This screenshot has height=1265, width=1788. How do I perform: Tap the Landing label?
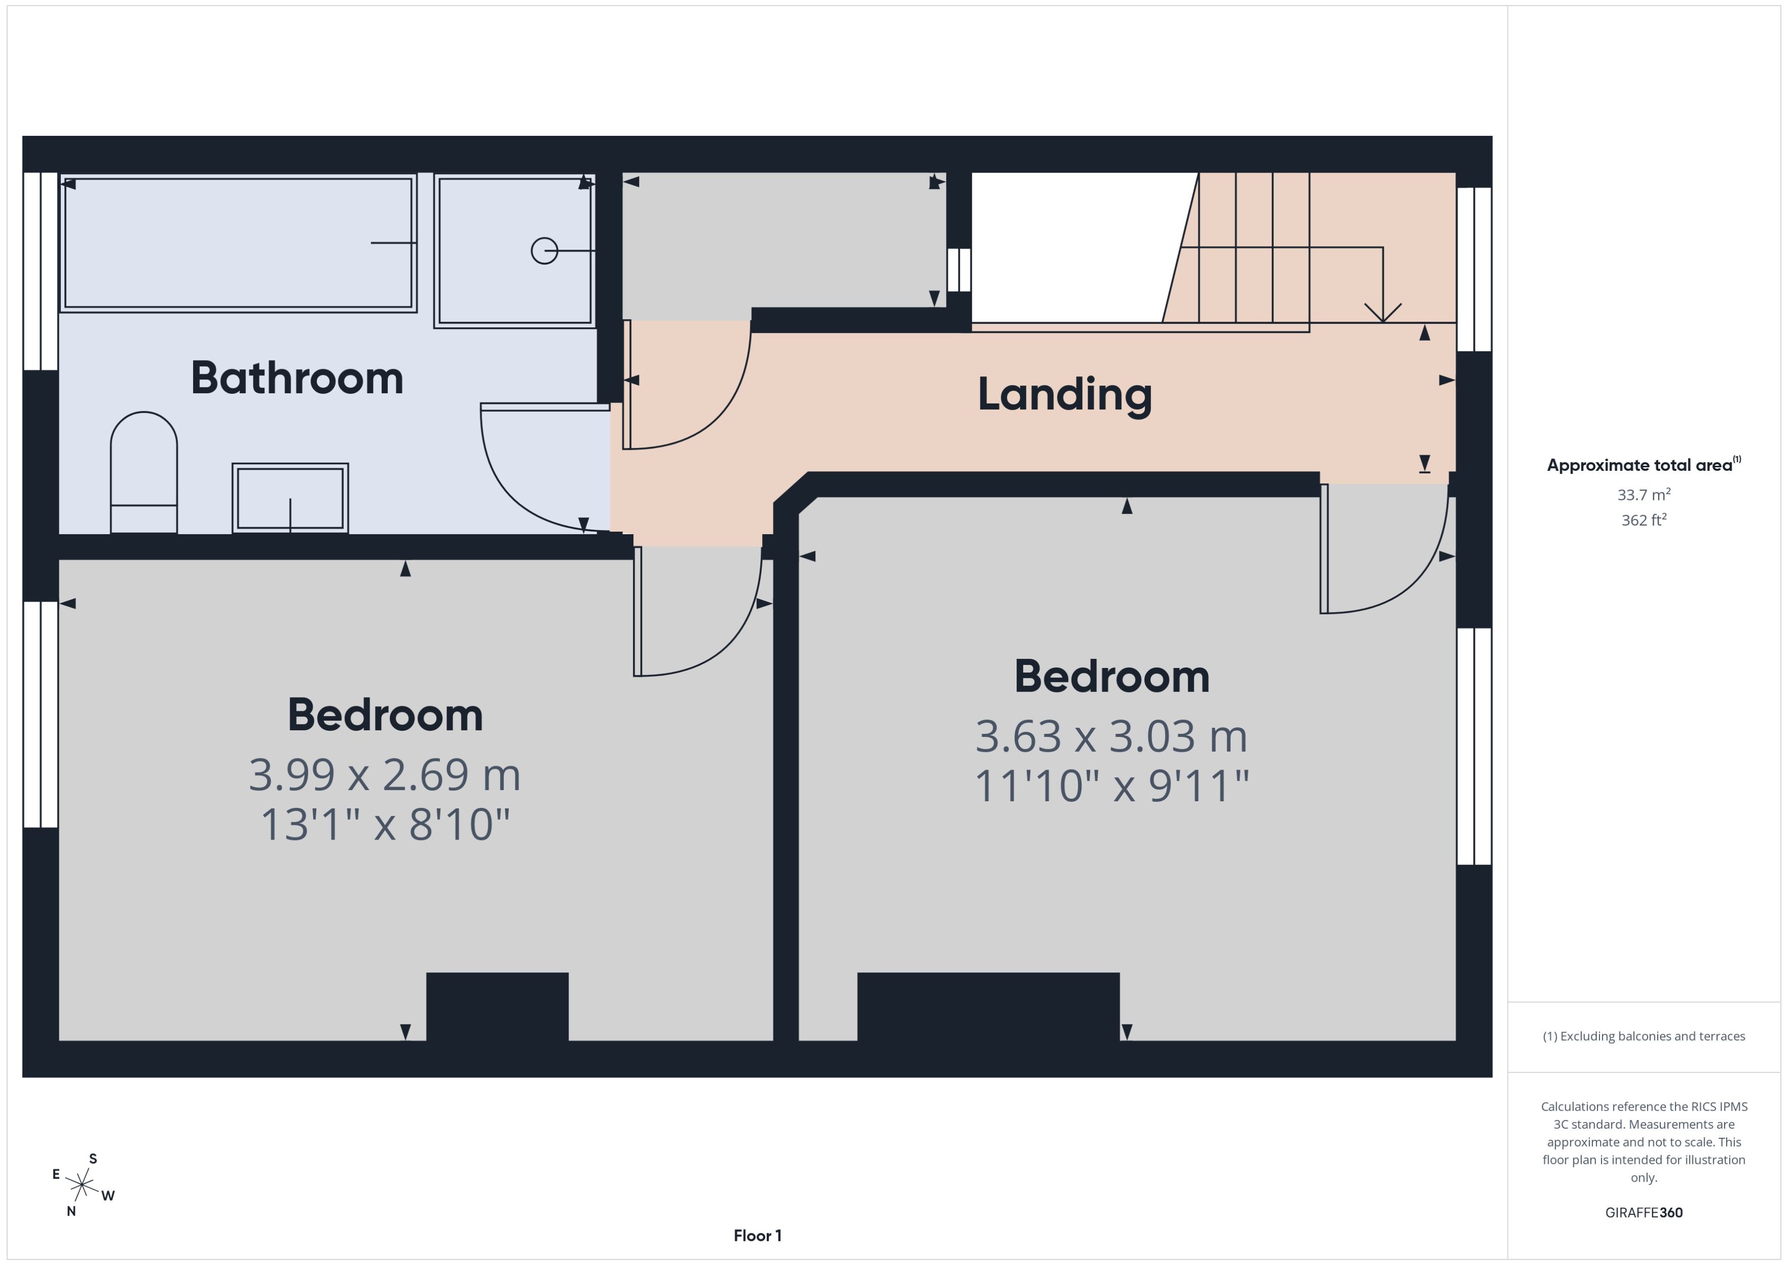[x=1064, y=394]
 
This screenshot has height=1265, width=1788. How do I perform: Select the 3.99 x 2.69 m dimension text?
[x=384, y=775]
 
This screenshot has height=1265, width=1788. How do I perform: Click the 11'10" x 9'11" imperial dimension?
[x=1112, y=786]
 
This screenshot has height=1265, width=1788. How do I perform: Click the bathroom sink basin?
[x=290, y=498]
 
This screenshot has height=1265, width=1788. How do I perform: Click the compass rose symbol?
[x=82, y=1185]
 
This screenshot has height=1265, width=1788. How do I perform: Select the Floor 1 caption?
[x=757, y=1235]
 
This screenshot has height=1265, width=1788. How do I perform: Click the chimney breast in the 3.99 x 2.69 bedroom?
[x=497, y=1007]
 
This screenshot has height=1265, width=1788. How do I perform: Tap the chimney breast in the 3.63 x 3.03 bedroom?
[x=988, y=1007]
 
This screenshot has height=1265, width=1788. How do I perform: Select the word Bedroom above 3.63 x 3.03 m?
[x=1112, y=676]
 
